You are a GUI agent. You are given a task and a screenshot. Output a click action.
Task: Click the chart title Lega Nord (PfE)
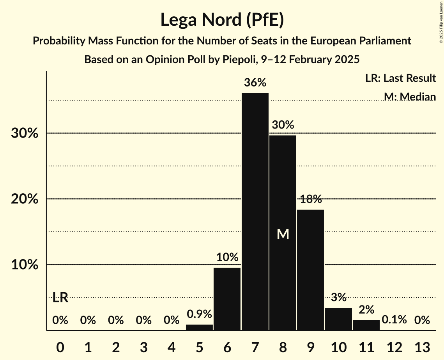pyautogui.click(x=222, y=20)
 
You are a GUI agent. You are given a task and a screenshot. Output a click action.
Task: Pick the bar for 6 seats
pyautogui.click(x=227, y=299)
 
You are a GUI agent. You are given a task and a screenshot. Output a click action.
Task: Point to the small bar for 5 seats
pyautogui.click(x=199, y=327)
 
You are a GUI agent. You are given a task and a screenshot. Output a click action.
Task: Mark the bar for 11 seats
pyautogui.click(x=366, y=325)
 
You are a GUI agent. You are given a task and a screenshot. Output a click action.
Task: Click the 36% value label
pyautogui.click(x=255, y=83)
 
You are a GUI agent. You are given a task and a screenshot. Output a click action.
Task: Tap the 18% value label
pyautogui.click(x=311, y=199)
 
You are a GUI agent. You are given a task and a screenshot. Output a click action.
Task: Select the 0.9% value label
pyautogui.click(x=199, y=314)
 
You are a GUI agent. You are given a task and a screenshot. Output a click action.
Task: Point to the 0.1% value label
pyautogui.click(x=394, y=320)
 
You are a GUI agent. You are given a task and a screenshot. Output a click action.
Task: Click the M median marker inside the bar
pyautogui.click(x=283, y=234)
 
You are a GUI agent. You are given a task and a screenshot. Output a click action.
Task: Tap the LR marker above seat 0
pyautogui.click(x=60, y=298)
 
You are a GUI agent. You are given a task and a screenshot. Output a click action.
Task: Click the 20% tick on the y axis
pyautogui.click(x=24, y=199)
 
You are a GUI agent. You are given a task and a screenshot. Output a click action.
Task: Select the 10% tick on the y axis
pyautogui.click(x=24, y=265)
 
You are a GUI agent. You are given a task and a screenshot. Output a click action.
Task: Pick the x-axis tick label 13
pyautogui.click(x=422, y=347)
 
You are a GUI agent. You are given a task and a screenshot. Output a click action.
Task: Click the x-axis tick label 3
pyautogui.click(x=143, y=347)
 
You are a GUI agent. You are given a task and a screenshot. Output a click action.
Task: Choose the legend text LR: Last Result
pyautogui.click(x=400, y=78)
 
